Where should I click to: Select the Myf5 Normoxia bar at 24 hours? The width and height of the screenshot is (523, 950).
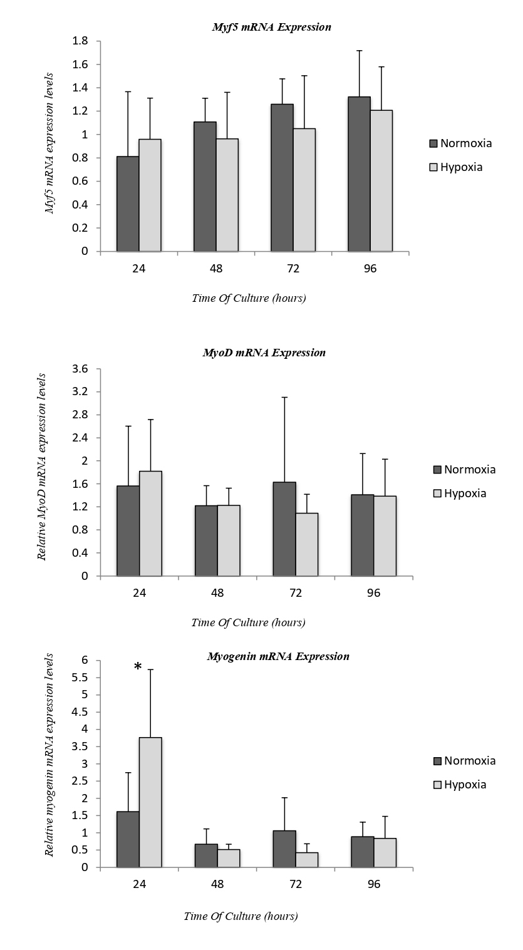click(128, 204)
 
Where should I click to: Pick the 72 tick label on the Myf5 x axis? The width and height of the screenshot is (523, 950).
click(293, 269)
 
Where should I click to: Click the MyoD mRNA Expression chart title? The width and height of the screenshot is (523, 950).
click(264, 353)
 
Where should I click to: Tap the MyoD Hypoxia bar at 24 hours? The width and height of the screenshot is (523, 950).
click(150, 524)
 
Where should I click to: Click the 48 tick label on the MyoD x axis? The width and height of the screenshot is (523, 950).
click(217, 593)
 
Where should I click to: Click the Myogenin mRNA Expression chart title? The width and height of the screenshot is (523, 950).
click(278, 656)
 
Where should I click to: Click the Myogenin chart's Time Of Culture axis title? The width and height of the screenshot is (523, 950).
click(241, 916)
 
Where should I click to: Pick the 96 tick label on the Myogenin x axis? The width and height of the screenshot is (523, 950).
click(373, 884)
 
